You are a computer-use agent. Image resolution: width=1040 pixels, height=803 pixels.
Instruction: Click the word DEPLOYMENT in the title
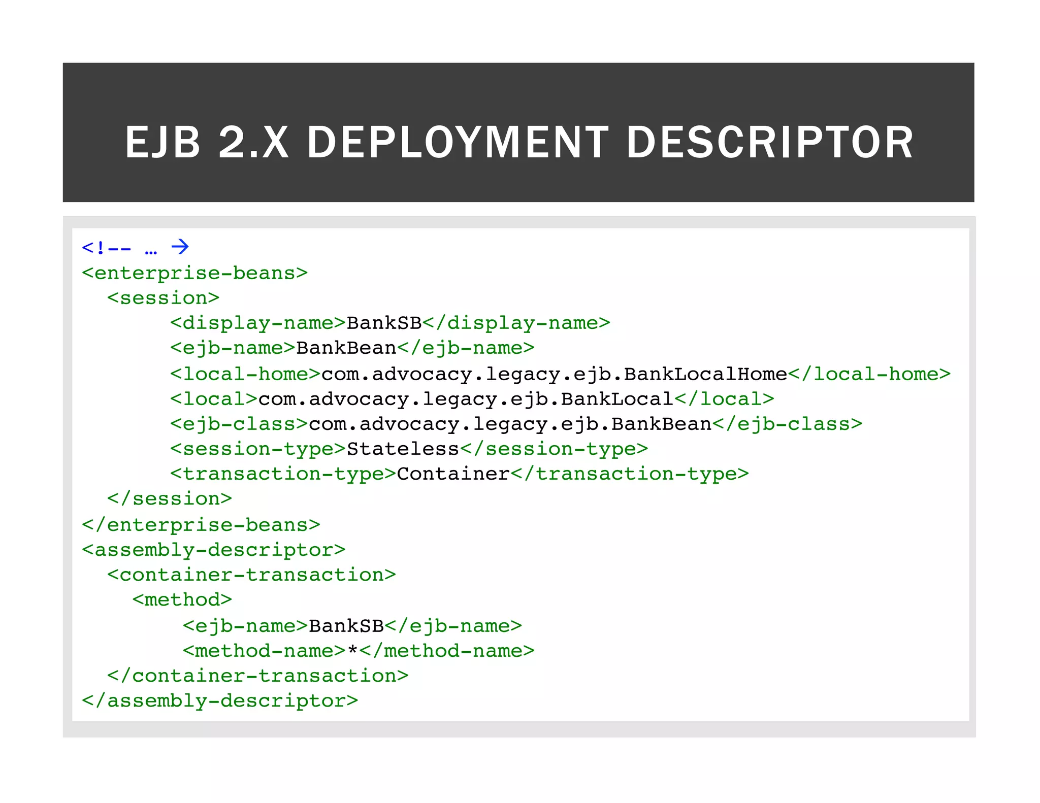457,143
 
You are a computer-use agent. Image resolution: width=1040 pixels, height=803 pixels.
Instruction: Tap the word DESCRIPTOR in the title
770,143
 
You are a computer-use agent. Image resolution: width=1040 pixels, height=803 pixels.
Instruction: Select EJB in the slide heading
162,143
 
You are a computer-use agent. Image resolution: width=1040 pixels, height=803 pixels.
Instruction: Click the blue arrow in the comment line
180,247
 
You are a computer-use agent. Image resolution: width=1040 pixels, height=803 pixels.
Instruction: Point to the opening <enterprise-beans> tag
195,273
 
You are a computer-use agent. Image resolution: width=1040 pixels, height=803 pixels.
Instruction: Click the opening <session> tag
163,298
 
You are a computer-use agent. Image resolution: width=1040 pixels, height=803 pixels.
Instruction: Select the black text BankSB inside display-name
384,323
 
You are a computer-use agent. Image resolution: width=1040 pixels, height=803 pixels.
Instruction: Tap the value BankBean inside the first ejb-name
346,348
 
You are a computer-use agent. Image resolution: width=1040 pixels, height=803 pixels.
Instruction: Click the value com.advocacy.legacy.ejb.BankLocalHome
554,374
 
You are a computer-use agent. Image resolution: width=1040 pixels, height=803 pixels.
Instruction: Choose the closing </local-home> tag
869,374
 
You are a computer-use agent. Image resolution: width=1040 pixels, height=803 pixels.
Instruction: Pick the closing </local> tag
724,399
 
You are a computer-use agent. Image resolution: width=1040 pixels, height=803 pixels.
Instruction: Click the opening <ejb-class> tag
239,424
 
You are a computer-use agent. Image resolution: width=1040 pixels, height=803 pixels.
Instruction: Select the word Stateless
403,449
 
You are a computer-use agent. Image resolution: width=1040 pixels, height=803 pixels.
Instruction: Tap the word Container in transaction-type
453,474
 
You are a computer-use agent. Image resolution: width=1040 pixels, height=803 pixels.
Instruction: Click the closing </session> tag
170,499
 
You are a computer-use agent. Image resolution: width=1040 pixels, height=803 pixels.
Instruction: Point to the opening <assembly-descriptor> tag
214,550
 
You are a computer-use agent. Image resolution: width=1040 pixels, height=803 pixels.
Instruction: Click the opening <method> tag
182,600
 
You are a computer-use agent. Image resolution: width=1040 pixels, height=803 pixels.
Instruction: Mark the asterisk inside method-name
353,650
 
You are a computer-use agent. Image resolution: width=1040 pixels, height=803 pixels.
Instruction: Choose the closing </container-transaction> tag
258,676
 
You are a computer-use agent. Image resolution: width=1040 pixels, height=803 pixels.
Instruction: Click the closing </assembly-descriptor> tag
220,701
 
